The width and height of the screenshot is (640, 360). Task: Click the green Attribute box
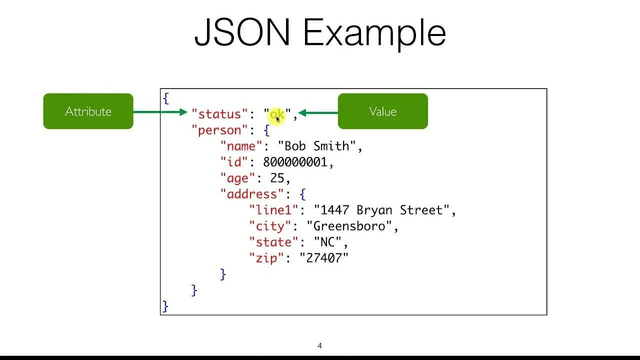click(x=88, y=111)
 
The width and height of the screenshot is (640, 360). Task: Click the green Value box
click(x=382, y=111)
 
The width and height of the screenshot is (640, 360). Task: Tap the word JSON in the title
click(x=242, y=33)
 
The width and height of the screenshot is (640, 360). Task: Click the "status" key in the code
click(x=219, y=114)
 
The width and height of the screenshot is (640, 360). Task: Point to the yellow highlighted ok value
click(x=277, y=115)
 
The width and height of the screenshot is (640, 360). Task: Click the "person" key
click(x=219, y=130)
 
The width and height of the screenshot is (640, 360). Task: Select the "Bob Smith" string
click(x=316, y=146)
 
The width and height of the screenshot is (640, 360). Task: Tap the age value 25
click(x=277, y=178)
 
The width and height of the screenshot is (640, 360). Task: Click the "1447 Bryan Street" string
click(x=381, y=210)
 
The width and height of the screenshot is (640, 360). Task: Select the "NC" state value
click(x=327, y=242)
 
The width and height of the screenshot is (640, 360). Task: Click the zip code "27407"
click(x=324, y=258)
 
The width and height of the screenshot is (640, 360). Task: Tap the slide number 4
click(x=319, y=345)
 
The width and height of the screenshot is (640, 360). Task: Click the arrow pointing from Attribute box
click(x=160, y=112)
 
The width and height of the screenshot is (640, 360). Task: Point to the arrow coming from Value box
click(x=318, y=113)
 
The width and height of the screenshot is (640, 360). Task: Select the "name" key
click(x=241, y=146)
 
